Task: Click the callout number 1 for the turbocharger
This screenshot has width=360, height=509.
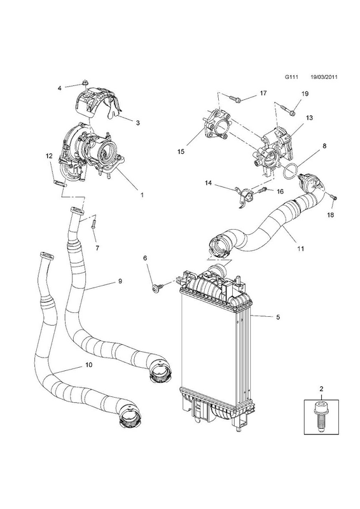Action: [x=142, y=195]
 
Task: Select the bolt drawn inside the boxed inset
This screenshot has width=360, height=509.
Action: [x=321, y=417]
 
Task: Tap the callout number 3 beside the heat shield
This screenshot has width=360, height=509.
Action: [x=137, y=123]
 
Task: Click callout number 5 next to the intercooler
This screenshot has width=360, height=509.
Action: [x=278, y=317]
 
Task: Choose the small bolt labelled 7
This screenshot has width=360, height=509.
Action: [x=93, y=224]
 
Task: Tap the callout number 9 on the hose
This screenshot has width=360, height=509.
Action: [x=120, y=281]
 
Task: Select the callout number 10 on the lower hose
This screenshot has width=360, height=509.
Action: [x=88, y=365]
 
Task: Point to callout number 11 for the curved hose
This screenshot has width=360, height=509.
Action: [x=301, y=248]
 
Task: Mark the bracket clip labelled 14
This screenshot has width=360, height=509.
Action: [x=244, y=197]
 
